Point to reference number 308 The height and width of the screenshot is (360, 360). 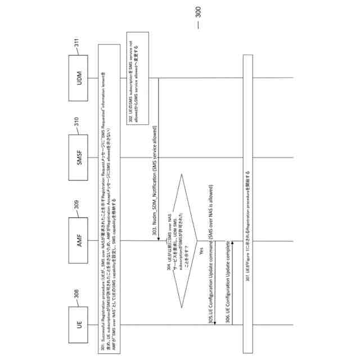click(75, 294)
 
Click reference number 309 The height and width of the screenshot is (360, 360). click(75, 210)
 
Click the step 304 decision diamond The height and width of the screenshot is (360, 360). click(185, 241)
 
